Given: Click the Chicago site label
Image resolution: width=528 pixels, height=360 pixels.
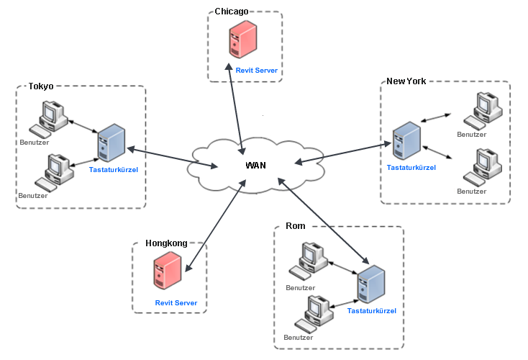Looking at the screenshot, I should coord(231,12).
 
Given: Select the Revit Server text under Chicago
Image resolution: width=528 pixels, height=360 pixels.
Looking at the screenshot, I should coord(256,70).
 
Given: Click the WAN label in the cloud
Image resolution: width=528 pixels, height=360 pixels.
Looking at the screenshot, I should coord(255,165).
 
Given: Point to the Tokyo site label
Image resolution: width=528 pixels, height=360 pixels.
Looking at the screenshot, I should coord(40,86).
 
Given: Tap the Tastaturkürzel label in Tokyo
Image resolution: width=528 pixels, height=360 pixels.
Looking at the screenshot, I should coord(113,169).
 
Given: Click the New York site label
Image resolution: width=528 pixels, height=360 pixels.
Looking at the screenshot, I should coord(406,81).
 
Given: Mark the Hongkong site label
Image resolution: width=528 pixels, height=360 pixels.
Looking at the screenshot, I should coord(166,243).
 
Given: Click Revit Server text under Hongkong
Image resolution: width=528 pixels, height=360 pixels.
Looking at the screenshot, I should coord(176,302).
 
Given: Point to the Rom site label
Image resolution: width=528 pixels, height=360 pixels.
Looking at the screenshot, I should coord(295,226).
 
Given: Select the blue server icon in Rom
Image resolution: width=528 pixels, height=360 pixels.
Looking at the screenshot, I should coord(371,285).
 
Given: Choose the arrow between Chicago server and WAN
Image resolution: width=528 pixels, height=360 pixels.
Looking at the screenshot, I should coord(238,108).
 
